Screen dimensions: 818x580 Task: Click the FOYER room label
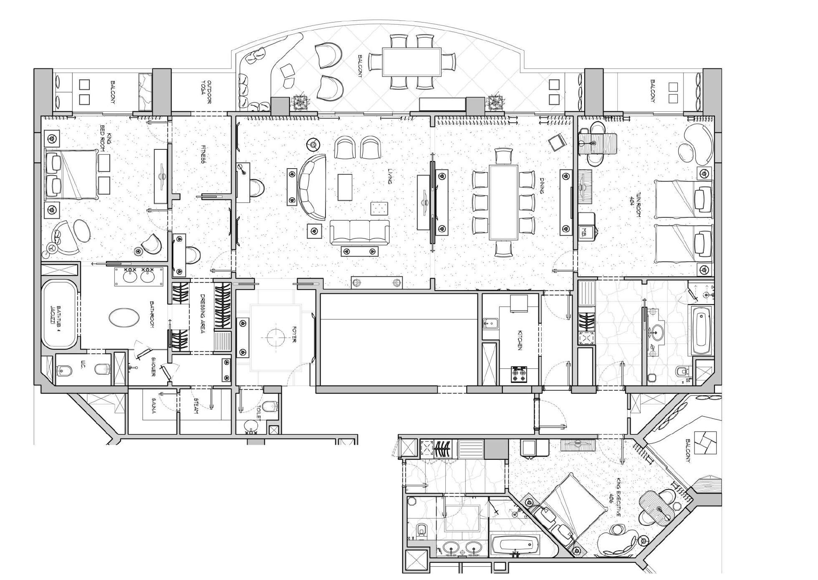coord(294,334)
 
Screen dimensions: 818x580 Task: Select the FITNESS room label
coord(203,154)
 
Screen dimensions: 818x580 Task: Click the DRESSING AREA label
coord(202,315)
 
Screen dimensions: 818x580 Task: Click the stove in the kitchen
coord(519,374)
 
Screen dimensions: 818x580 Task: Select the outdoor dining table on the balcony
coord(412,62)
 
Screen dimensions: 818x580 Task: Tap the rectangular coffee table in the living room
coord(345,187)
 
